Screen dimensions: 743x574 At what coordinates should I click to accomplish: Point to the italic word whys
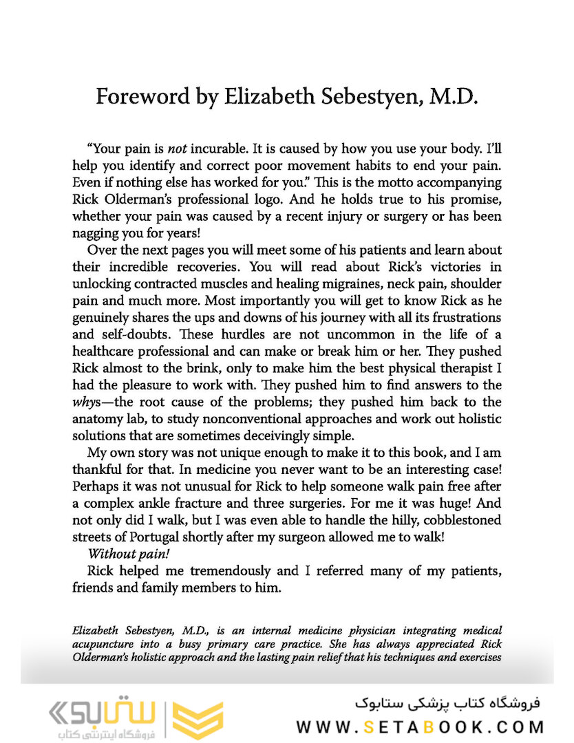click(x=89, y=401)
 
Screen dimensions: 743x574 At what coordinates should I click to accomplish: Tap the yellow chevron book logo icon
click(x=198, y=720)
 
